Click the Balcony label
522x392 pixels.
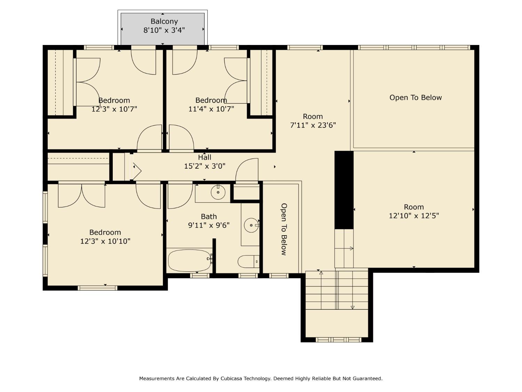click(164, 22)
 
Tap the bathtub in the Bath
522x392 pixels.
click(189, 260)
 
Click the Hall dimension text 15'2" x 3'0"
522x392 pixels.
click(205, 166)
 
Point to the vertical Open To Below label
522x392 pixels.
click(284, 229)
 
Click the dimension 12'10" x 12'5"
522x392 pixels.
click(414, 216)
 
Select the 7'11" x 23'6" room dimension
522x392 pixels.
click(313, 125)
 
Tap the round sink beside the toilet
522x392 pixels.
click(251, 225)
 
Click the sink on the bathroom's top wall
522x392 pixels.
click(218, 192)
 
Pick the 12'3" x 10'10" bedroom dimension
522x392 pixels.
click(105, 241)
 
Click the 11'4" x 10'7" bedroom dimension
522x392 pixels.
click(211, 109)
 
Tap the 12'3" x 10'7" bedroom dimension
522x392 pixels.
click(114, 109)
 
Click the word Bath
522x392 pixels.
click(209, 216)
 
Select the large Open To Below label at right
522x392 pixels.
click(416, 98)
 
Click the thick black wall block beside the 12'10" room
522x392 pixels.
click(344, 190)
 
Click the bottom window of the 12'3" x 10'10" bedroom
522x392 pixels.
click(97, 288)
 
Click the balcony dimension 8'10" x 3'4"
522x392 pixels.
click(164, 30)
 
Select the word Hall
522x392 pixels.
click(205, 157)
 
